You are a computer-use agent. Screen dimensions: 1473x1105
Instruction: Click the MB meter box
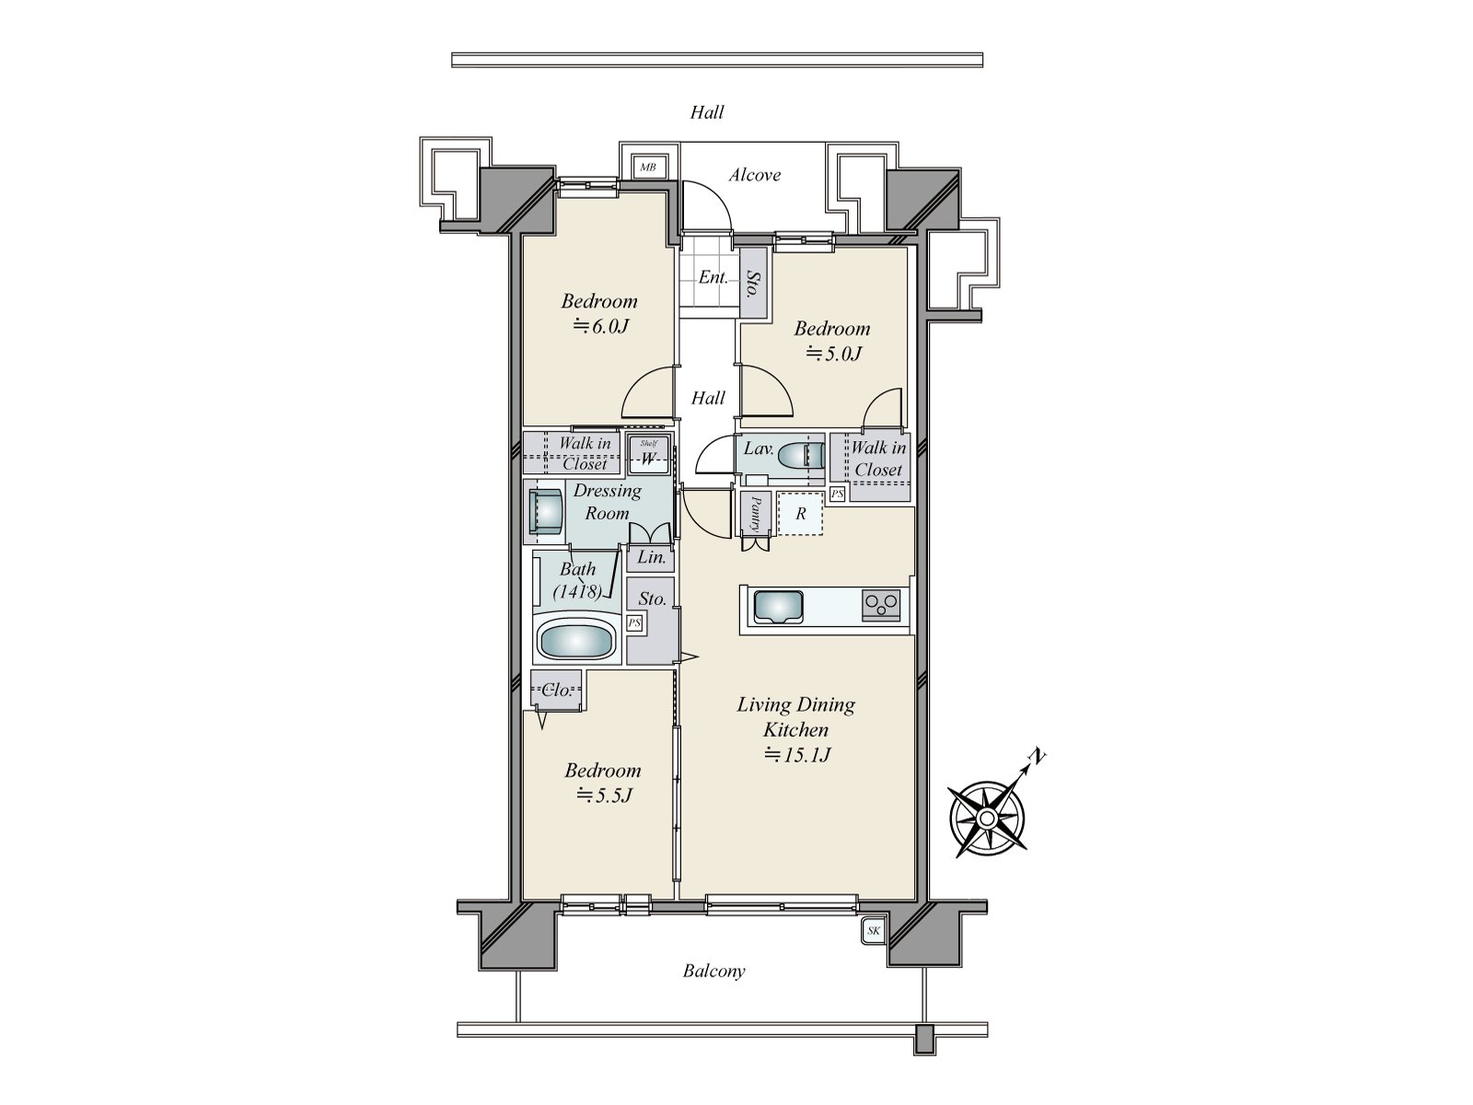click(x=647, y=167)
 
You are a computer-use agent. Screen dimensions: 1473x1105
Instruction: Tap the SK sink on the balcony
click(x=873, y=931)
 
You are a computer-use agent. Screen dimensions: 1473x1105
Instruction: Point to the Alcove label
click(x=755, y=175)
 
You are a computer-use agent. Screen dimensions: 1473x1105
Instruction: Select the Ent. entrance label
click(x=713, y=277)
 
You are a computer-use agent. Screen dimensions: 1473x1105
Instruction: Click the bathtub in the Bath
click(x=576, y=639)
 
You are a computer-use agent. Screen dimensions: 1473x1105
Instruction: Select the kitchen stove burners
click(x=881, y=606)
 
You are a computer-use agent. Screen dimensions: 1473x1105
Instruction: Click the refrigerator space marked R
click(x=800, y=513)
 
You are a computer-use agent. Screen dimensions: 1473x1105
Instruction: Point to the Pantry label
click(x=755, y=513)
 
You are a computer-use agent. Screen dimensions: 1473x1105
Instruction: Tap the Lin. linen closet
click(x=650, y=557)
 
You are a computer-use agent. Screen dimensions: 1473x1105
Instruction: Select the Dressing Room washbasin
click(x=546, y=512)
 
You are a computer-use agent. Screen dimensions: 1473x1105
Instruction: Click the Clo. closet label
click(x=556, y=690)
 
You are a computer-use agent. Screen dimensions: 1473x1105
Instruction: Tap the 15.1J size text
click(x=798, y=755)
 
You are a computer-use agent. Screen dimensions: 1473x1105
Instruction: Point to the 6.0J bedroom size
click(x=600, y=327)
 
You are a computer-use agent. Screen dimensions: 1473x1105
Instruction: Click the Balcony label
click(x=714, y=971)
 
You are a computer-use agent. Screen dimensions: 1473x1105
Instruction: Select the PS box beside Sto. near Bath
click(x=634, y=623)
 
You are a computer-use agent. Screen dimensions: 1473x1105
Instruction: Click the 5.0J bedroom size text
click(x=833, y=354)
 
